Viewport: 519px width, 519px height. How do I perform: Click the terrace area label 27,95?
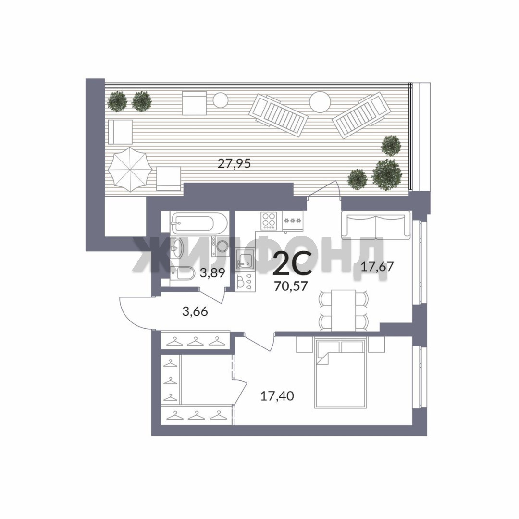point(235,163)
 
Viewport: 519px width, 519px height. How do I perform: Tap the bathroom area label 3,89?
point(212,273)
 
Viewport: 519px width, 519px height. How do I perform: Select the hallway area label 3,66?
point(195,311)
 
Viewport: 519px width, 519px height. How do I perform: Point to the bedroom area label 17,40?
point(277,396)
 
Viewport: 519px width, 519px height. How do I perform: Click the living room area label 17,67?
point(377,266)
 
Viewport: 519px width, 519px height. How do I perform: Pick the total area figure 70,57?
point(291,285)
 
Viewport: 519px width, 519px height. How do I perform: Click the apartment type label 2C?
point(292,264)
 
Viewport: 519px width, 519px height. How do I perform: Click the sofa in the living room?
point(375,226)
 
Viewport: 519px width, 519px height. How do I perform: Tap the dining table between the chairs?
point(344,310)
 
